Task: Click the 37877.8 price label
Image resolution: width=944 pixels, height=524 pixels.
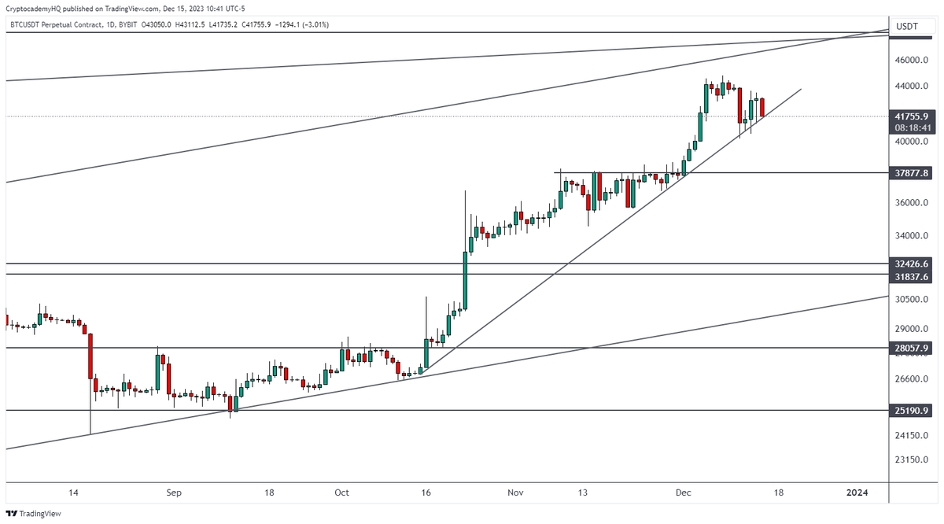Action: [913, 172]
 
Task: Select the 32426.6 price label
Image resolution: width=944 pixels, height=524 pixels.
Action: [913, 264]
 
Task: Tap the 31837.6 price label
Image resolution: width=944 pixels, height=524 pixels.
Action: [913, 276]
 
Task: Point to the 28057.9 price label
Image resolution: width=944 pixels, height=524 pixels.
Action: [913, 348]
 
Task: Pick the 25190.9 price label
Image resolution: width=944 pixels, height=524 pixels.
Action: [913, 411]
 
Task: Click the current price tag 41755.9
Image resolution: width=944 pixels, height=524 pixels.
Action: [913, 115]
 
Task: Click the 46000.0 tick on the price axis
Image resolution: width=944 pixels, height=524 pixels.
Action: [913, 60]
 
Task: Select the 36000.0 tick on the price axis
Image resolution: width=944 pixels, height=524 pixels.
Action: [913, 203]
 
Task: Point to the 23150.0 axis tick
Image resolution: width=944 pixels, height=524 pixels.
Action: [913, 459]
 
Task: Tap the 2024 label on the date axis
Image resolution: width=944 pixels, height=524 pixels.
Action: [857, 493]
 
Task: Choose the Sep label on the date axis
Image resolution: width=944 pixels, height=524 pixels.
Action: [174, 493]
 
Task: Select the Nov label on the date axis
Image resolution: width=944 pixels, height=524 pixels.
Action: [515, 493]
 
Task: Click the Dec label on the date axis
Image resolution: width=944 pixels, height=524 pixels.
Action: [683, 493]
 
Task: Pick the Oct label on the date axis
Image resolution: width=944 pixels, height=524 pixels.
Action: [341, 493]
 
